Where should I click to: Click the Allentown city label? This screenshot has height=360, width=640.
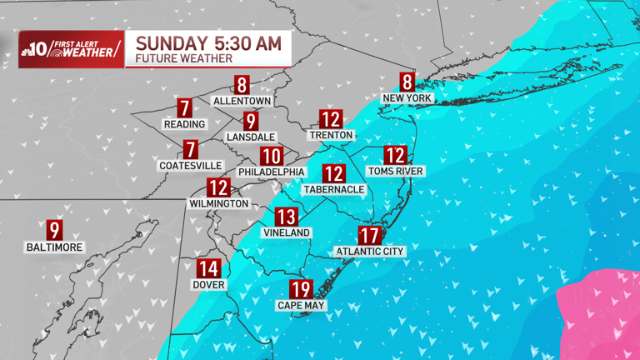tap(242, 101)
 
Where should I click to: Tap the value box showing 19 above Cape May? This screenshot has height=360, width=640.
tap(301, 290)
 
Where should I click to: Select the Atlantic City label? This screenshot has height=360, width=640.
tap(369, 251)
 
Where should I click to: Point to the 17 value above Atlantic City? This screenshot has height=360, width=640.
tap(369, 236)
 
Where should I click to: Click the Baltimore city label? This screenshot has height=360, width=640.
tap(55, 247)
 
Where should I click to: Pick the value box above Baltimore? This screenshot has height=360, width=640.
tap(55, 231)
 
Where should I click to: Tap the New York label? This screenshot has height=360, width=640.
tap(407, 98)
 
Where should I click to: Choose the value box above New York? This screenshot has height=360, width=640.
tap(407, 82)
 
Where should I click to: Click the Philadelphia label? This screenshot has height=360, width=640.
tap(271, 172)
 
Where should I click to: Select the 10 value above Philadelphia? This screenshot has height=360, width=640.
tap(271, 156)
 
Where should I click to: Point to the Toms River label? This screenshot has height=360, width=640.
tap(396, 171)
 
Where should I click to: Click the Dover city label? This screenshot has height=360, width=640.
tap(208, 284)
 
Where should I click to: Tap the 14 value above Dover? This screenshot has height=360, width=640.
tap(208, 268)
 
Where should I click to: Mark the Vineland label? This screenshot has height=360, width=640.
tap(286, 232)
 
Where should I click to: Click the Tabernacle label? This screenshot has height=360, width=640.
tap(333, 190)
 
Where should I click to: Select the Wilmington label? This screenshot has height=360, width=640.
tap(219, 203)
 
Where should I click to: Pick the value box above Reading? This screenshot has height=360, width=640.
tap(185, 107)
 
